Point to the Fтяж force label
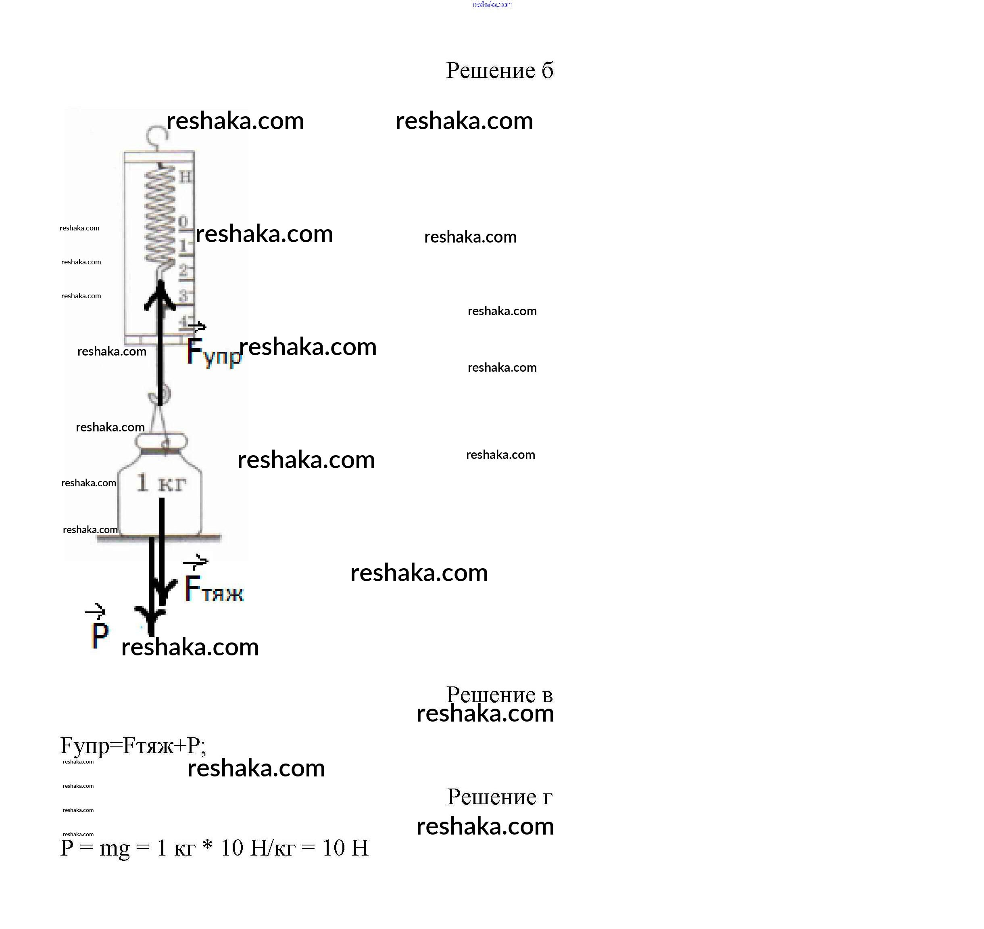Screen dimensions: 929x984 pos(214,589)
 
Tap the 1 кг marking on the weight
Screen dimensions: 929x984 pos(161,482)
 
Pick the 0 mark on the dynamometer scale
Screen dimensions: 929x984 pos(183,222)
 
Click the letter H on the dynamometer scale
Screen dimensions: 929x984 pos(185,177)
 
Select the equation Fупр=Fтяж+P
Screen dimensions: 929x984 pos(133,746)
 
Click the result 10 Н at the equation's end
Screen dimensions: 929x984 pos(346,848)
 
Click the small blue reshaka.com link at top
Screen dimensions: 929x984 pos(492,4)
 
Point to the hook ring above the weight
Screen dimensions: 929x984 pos(160,395)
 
